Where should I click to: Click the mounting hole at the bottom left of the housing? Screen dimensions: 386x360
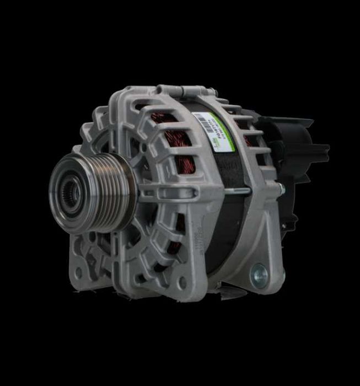78,272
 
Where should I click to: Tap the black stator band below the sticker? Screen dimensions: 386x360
218,165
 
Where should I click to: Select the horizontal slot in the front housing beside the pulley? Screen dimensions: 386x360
165,192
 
